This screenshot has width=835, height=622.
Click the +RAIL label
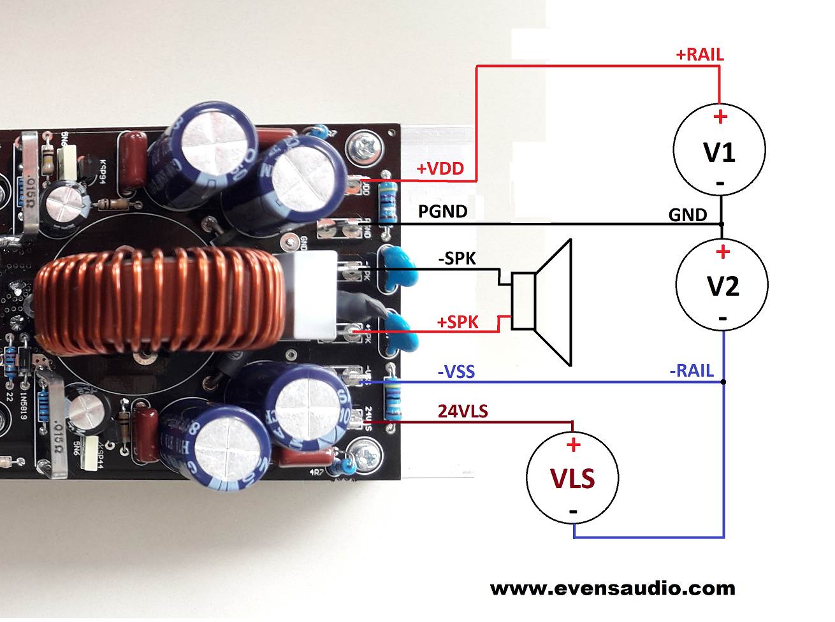[x=699, y=55]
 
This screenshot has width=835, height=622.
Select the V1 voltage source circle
[x=719, y=150]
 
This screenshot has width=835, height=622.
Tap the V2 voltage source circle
[x=722, y=285]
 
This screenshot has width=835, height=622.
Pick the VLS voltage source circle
[x=572, y=477]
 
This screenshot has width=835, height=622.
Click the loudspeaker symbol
[x=542, y=301]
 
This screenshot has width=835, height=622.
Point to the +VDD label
[x=440, y=169]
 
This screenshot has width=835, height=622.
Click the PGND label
[x=442, y=212]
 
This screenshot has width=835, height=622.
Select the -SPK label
[x=457, y=259]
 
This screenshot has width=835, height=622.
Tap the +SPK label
[x=457, y=322]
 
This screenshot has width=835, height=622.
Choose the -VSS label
[x=456, y=372]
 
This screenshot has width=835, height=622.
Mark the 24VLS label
[x=463, y=412]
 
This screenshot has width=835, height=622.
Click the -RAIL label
[x=692, y=371]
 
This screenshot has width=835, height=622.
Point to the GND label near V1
[x=687, y=215]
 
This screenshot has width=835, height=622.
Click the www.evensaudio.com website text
[x=613, y=588]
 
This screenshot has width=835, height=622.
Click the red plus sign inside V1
[x=720, y=117]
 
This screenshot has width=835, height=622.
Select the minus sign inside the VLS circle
[x=573, y=511]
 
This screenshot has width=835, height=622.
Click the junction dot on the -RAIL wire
[x=723, y=382]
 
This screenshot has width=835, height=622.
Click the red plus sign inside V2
[x=722, y=252]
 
